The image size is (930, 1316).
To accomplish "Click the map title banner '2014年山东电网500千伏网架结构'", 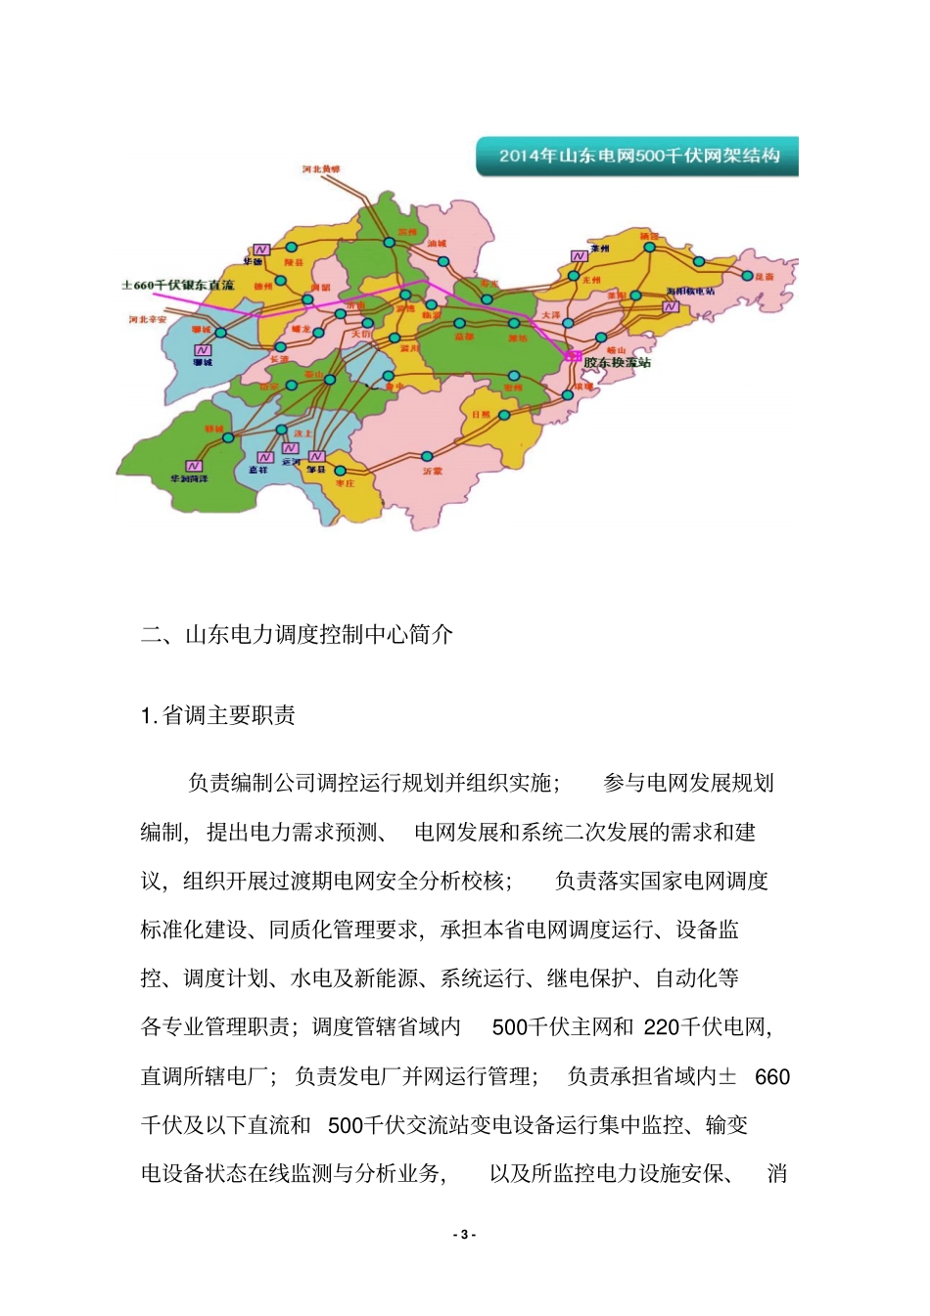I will pyautogui.click(x=638, y=156).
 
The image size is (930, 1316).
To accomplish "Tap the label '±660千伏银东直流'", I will pyautogui.click(x=178, y=285).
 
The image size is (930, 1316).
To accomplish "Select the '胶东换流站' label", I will pyautogui.click(x=617, y=362).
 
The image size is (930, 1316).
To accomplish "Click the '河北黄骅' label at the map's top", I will pyautogui.click(x=321, y=169).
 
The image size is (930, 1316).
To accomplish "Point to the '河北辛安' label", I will pyautogui.click(x=148, y=320).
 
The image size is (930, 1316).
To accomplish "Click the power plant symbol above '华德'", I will pyautogui.click(x=261, y=250).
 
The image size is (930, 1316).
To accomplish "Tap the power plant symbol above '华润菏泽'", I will pyautogui.click(x=194, y=466).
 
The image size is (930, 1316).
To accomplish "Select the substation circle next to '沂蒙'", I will pyautogui.click(x=427, y=456).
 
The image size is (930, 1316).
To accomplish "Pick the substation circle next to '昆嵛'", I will pyautogui.click(x=748, y=276).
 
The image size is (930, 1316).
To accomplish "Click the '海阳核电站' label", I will pyautogui.click(x=690, y=292).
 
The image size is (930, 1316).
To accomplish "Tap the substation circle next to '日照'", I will pyautogui.click(x=504, y=415).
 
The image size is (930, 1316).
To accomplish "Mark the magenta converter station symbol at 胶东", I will pyautogui.click(x=572, y=356).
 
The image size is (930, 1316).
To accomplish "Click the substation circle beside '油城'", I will pyautogui.click(x=443, y=261).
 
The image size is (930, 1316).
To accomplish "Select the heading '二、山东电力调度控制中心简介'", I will pyautogui.click(x=297, y=634).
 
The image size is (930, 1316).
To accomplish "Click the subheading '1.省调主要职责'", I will pyautogui.click(x=218, y=715).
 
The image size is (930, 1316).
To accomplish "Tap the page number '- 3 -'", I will pyautogui.click(x=465, y=1235).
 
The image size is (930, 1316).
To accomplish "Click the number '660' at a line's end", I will pyautogui.click(x=772, y=1077).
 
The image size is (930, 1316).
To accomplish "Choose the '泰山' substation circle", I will pyautogui.click(x=330, y=380).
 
